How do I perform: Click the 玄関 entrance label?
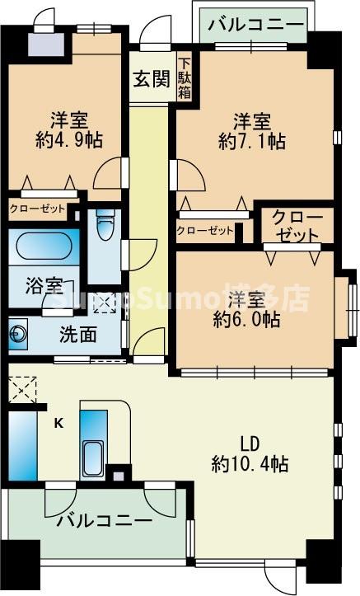coord(152,80)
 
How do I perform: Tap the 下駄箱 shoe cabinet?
coord(185,79)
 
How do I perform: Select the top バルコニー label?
coord(255,25)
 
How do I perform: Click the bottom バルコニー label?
coord(104,521)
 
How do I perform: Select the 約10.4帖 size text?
coord(249,463)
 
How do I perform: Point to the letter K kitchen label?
coord(58,424)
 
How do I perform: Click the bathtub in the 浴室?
coord(44,248)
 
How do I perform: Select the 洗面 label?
coord(77,335)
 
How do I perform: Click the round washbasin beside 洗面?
coord(18,335)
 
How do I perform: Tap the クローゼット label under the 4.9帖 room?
coord(37,209)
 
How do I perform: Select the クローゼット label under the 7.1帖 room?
coord(205,231)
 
